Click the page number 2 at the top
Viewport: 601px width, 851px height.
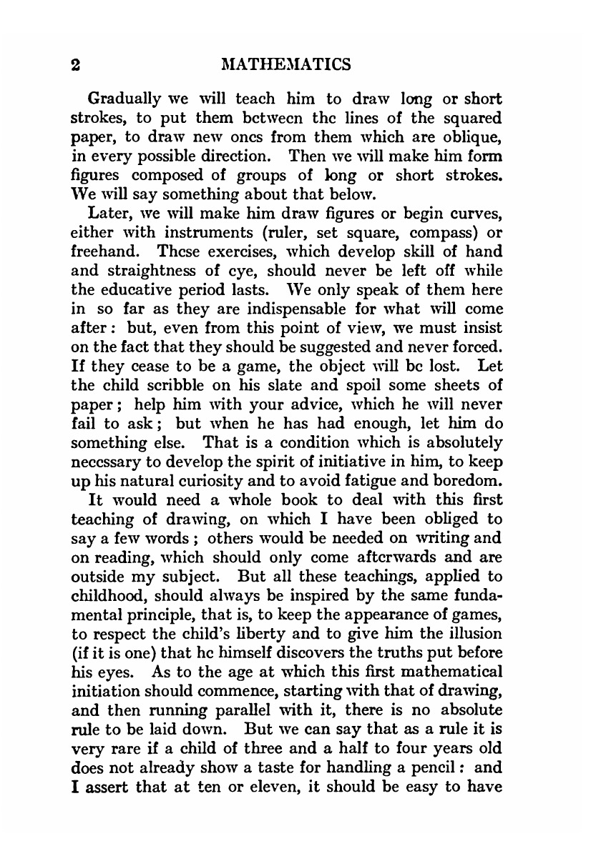point(75,65)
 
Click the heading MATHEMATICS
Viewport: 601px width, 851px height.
point(286,65)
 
